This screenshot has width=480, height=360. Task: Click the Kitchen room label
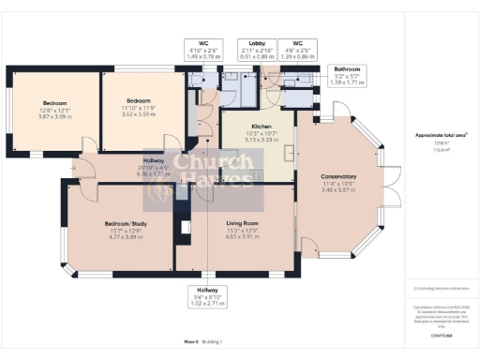(x=261, y=132)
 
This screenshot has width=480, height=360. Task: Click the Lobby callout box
(x=252, y=49)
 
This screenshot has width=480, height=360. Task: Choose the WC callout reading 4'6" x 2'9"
(x=297, y=49)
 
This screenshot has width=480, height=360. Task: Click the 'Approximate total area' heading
(x=442, y=134)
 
